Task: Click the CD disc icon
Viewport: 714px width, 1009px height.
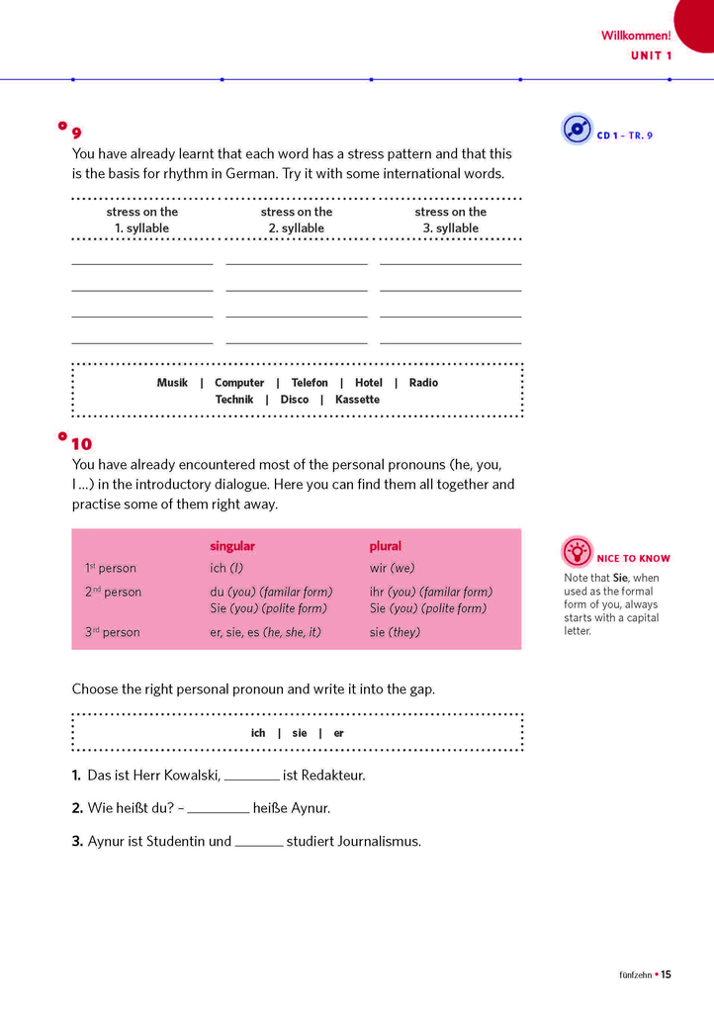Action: [577, 129]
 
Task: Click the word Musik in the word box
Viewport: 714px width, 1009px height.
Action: [172, 383]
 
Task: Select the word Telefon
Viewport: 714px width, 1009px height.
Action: [310, 383]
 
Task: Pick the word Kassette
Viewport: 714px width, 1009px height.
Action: [357, 400]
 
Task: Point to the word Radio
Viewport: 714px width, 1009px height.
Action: [423, 383]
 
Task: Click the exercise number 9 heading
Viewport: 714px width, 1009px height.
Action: [77, 134]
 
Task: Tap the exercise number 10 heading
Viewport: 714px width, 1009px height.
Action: [81, 444]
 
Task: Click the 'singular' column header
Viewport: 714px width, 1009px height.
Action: [232, 546]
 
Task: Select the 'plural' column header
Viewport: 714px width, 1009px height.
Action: [386, 546]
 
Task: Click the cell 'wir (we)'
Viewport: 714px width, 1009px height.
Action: [393, 568]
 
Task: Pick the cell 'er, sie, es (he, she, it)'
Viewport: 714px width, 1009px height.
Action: [265, 632]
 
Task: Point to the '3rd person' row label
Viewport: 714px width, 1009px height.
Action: [112, 632]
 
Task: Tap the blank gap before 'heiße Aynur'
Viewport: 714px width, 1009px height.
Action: [218, 810]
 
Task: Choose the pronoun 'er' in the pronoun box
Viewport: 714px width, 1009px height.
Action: [339, 733]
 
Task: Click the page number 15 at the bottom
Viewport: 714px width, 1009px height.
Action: [667, 974]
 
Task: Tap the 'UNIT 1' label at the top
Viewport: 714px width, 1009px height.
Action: [651, 55]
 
